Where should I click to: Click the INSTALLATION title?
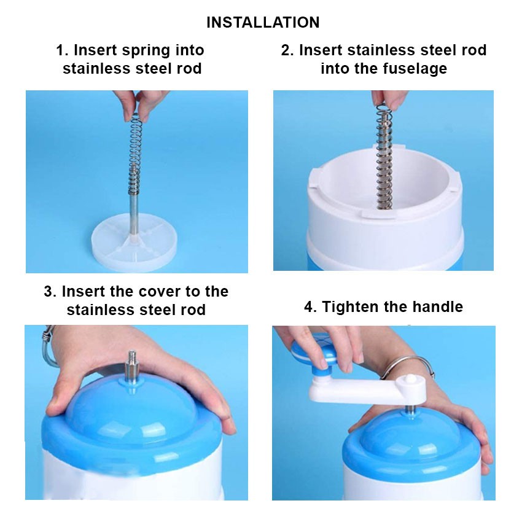coord(263,23)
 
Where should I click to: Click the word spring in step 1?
coord(146,50)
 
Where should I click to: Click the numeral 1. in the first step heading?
coord(62,50)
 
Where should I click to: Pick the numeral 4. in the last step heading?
coord(310,307)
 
